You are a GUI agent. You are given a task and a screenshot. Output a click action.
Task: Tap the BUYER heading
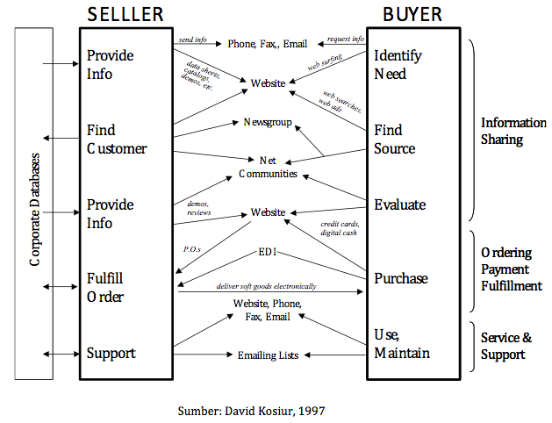(412, 15)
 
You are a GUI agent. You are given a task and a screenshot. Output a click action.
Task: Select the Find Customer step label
(117, 140)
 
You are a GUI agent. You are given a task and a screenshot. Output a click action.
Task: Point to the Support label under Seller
(111, 354)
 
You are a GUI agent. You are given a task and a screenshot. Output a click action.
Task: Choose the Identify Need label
(398, 65)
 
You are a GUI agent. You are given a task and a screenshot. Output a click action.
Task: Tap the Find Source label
(395, 140)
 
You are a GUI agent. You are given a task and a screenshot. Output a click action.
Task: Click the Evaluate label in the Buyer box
(399, 204)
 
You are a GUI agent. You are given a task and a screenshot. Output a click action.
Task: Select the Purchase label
(401, 278)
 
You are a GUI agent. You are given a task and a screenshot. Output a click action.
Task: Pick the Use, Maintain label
(401, 344)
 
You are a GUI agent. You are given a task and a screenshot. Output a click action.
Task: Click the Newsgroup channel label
(268, 123)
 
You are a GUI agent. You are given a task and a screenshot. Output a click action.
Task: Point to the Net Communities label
(268, 167)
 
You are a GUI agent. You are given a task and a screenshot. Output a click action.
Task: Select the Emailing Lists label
(268, 355)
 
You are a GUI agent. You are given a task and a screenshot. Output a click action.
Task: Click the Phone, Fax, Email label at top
(268, 43)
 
